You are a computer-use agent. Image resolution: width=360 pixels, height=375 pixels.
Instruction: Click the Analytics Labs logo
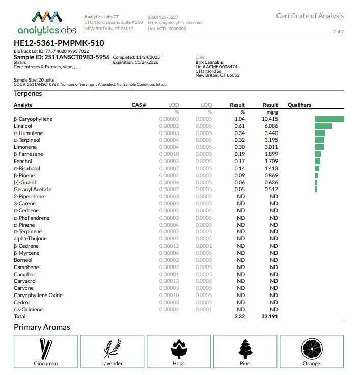[47, 23]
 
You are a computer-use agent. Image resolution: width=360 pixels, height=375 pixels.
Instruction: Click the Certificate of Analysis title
[310, 16]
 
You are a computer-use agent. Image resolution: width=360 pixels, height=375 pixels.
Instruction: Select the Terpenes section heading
[28, 93]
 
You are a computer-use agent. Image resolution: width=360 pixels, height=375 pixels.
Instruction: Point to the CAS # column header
[139, 105]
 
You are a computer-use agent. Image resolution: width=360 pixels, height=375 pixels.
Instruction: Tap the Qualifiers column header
[299, 105]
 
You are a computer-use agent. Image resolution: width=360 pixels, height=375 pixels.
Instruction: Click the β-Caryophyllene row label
[33, 119]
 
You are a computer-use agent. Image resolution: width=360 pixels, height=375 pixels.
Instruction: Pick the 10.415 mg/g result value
[270, 119]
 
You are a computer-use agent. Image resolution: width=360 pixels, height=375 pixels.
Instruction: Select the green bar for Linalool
[323, 126]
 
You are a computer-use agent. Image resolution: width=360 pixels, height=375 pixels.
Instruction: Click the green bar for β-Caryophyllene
[329, 119]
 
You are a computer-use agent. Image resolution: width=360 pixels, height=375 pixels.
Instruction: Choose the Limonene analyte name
[25, 147]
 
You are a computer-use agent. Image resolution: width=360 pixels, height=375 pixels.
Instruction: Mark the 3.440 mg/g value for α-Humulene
[271, 133]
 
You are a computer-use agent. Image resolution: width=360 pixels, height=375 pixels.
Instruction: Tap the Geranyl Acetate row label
[32, 190]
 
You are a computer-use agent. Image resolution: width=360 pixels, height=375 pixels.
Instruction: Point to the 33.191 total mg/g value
[269, 316]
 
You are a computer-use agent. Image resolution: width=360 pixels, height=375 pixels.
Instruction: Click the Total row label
[20, 316]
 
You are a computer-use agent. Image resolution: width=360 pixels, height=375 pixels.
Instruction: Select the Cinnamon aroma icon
[46, 349]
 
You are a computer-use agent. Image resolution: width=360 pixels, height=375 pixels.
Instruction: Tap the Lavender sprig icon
[112, 349]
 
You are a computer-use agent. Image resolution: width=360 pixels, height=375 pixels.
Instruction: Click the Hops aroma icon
[178, 349]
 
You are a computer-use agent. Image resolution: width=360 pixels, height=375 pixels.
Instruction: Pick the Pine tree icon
[245, 349]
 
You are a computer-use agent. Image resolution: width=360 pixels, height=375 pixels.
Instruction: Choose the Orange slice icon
[311, 349]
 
